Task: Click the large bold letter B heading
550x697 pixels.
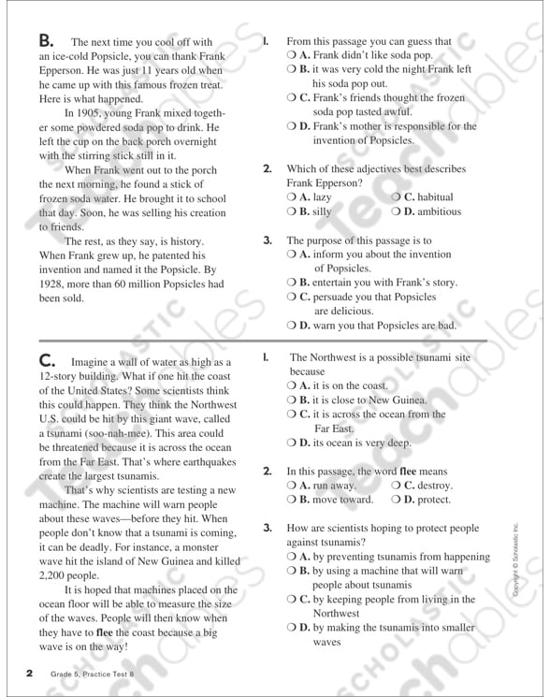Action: [x=46, y=41]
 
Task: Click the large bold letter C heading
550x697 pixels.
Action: [x=47, y=361]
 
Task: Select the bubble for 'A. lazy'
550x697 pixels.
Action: [x=292, y=198]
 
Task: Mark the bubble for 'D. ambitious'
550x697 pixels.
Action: [x=397, y=212]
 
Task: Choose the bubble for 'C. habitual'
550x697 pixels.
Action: [x=397, y=198]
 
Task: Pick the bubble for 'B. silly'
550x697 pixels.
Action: [x=292, y=212]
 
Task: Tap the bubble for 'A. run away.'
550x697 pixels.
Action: [x=292, y=486]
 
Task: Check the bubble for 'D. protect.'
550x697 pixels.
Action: [x=397, y=500]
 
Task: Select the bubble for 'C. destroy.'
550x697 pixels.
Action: [x=397, y=486]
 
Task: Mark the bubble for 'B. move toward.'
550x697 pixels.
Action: [x=292, y=500]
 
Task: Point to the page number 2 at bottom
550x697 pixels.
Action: [x=30, y=674]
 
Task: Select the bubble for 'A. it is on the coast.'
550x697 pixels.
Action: [x=292, y=385]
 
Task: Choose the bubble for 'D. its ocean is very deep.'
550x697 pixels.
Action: [x=292, y=443]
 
